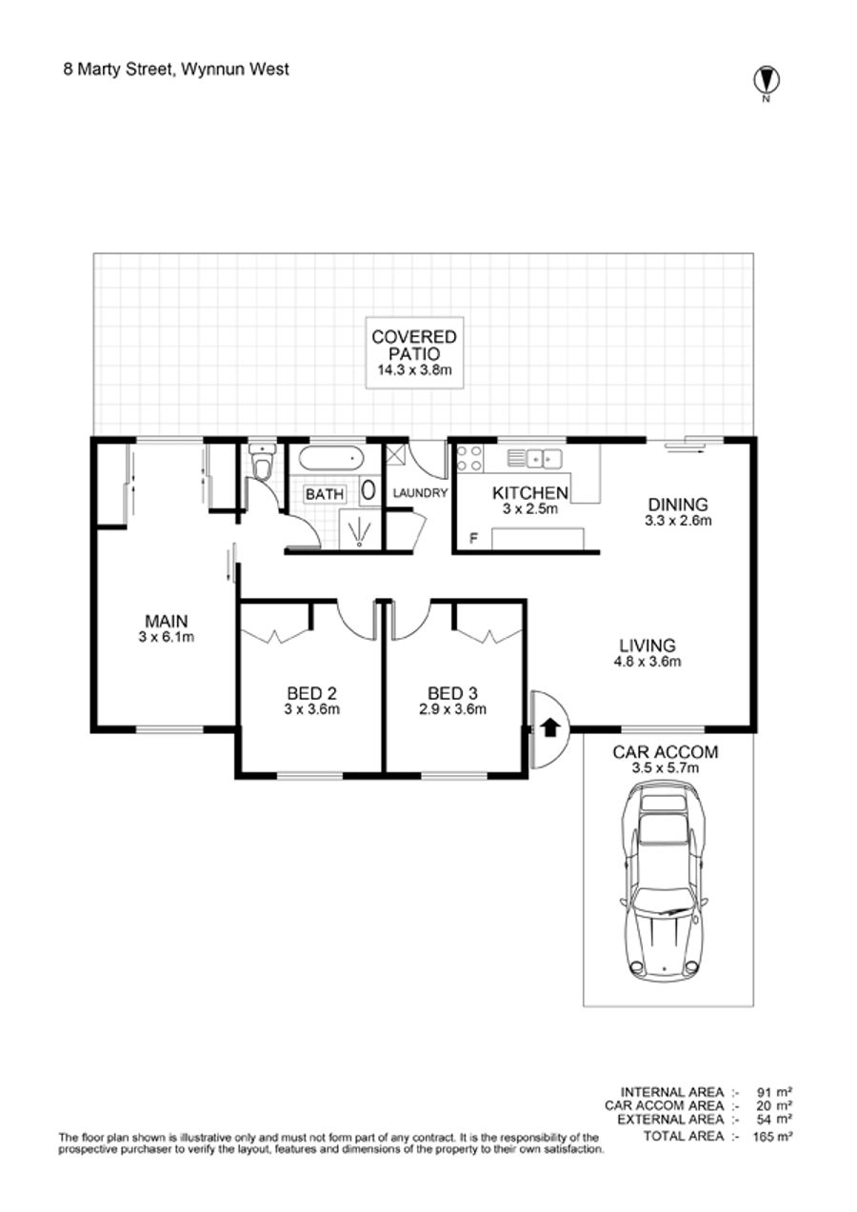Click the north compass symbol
767,81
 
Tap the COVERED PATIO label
414,346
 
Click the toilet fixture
263,463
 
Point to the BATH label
325,494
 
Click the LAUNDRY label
420,493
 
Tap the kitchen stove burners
469,458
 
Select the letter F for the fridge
473,538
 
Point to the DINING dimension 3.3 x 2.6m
678,521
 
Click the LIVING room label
648,645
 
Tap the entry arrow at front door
549,728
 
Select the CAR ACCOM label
665,751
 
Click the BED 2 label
311,693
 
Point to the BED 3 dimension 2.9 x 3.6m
452,708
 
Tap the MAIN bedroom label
166,621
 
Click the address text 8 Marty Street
117,70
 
